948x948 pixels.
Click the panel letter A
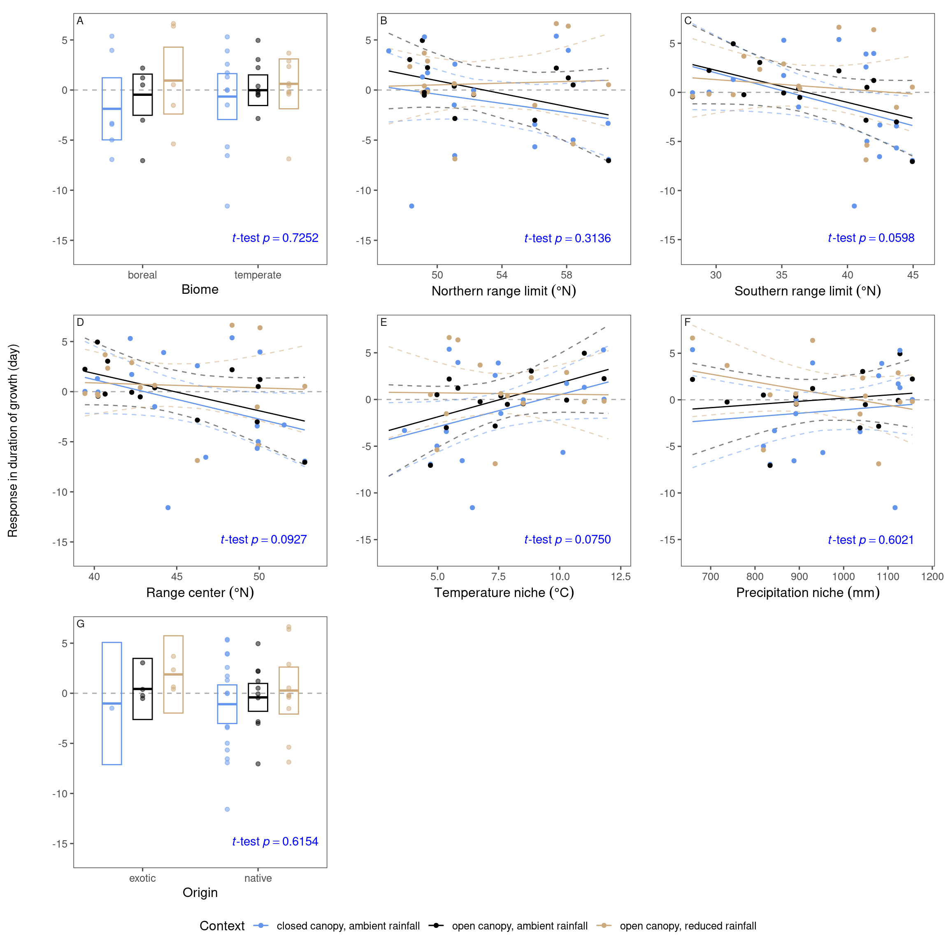coord(80,21)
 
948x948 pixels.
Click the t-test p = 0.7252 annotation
coord(275,238)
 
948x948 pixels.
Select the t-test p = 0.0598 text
coord(871,238)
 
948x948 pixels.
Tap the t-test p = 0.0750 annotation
coord(567,540)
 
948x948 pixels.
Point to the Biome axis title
coord(200,290)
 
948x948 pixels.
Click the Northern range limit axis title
coord(504,291)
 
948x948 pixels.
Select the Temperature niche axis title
coord(504,593)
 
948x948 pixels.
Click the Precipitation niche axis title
coord(808,593)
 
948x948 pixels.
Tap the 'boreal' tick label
coord(142,275)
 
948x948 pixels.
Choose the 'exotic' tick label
coord(142,878)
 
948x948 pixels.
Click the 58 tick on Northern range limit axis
coord(566,275)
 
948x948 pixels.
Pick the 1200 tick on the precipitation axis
coord(932,576)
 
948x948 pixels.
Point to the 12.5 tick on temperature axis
coord(621,576)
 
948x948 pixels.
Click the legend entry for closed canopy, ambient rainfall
coord(348,926)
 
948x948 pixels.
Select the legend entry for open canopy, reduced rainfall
coord(688,926)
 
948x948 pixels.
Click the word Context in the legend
coord(222,926)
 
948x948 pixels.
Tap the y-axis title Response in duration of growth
coord(13,441)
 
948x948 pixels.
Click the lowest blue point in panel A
coord(227,206)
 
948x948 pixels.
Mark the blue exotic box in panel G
coord(112,703)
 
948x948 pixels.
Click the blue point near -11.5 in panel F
coord(895,508)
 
